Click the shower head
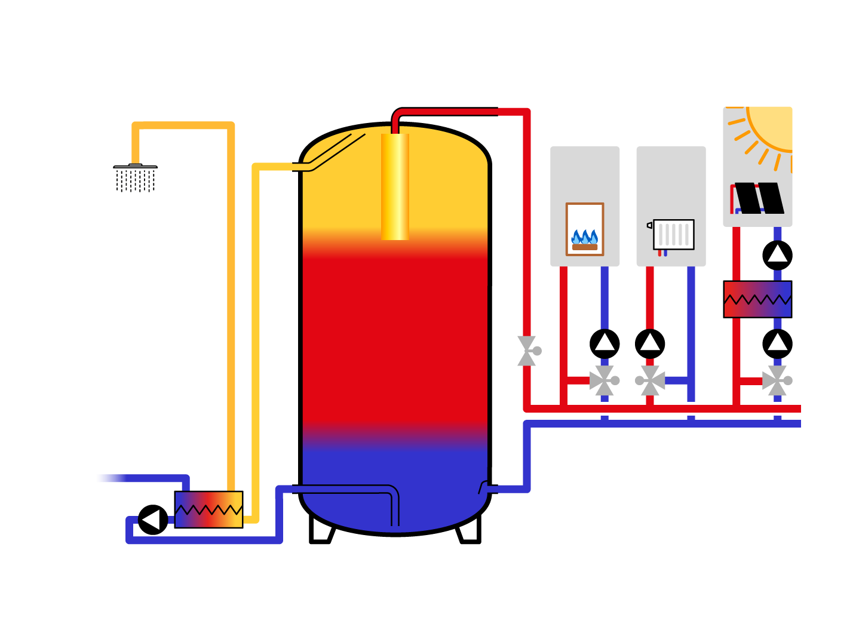(x=136, y=177)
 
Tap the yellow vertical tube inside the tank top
(x=395, y=186)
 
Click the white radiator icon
(x=674, y=235)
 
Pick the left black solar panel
(x=747, y=198)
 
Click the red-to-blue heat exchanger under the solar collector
(x=757, y=299)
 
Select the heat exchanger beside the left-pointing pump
(x=208, y=509)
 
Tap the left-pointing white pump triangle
(x=151, y=520)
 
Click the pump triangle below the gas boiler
(x=605, y=342)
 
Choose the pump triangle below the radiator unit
(x=650, y=342)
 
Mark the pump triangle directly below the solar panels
(x=777, y=254)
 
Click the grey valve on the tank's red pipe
(x=527, y=351)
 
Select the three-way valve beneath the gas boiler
(x=604, y=380)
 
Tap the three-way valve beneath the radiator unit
(x=651, y=380)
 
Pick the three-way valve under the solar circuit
(x=777, y=380)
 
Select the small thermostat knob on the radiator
(x=649, y=225)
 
